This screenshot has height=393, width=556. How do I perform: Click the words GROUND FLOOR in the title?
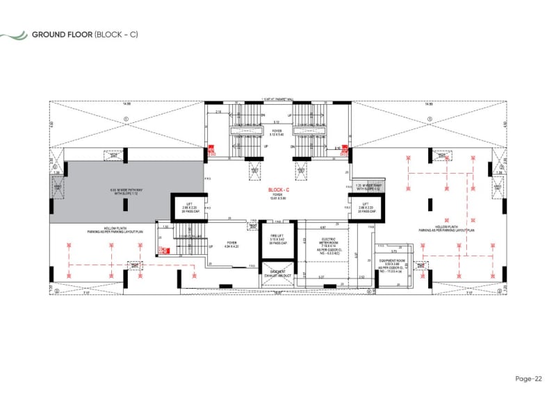[60, 35]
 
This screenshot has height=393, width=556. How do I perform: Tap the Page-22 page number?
[529, 378]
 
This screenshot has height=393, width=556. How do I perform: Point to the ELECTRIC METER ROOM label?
[322, 244]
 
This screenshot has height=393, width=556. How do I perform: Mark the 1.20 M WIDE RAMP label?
[368, 187]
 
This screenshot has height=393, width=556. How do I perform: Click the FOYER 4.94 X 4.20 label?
[231, 244]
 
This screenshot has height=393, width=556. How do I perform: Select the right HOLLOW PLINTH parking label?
[446, 229]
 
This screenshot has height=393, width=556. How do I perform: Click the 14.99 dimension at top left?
[126, 103]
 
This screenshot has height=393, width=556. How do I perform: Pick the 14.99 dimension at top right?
[430, 103]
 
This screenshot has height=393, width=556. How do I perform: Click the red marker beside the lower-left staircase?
[164, 251]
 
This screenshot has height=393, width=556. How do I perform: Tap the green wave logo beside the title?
[14, 35]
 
